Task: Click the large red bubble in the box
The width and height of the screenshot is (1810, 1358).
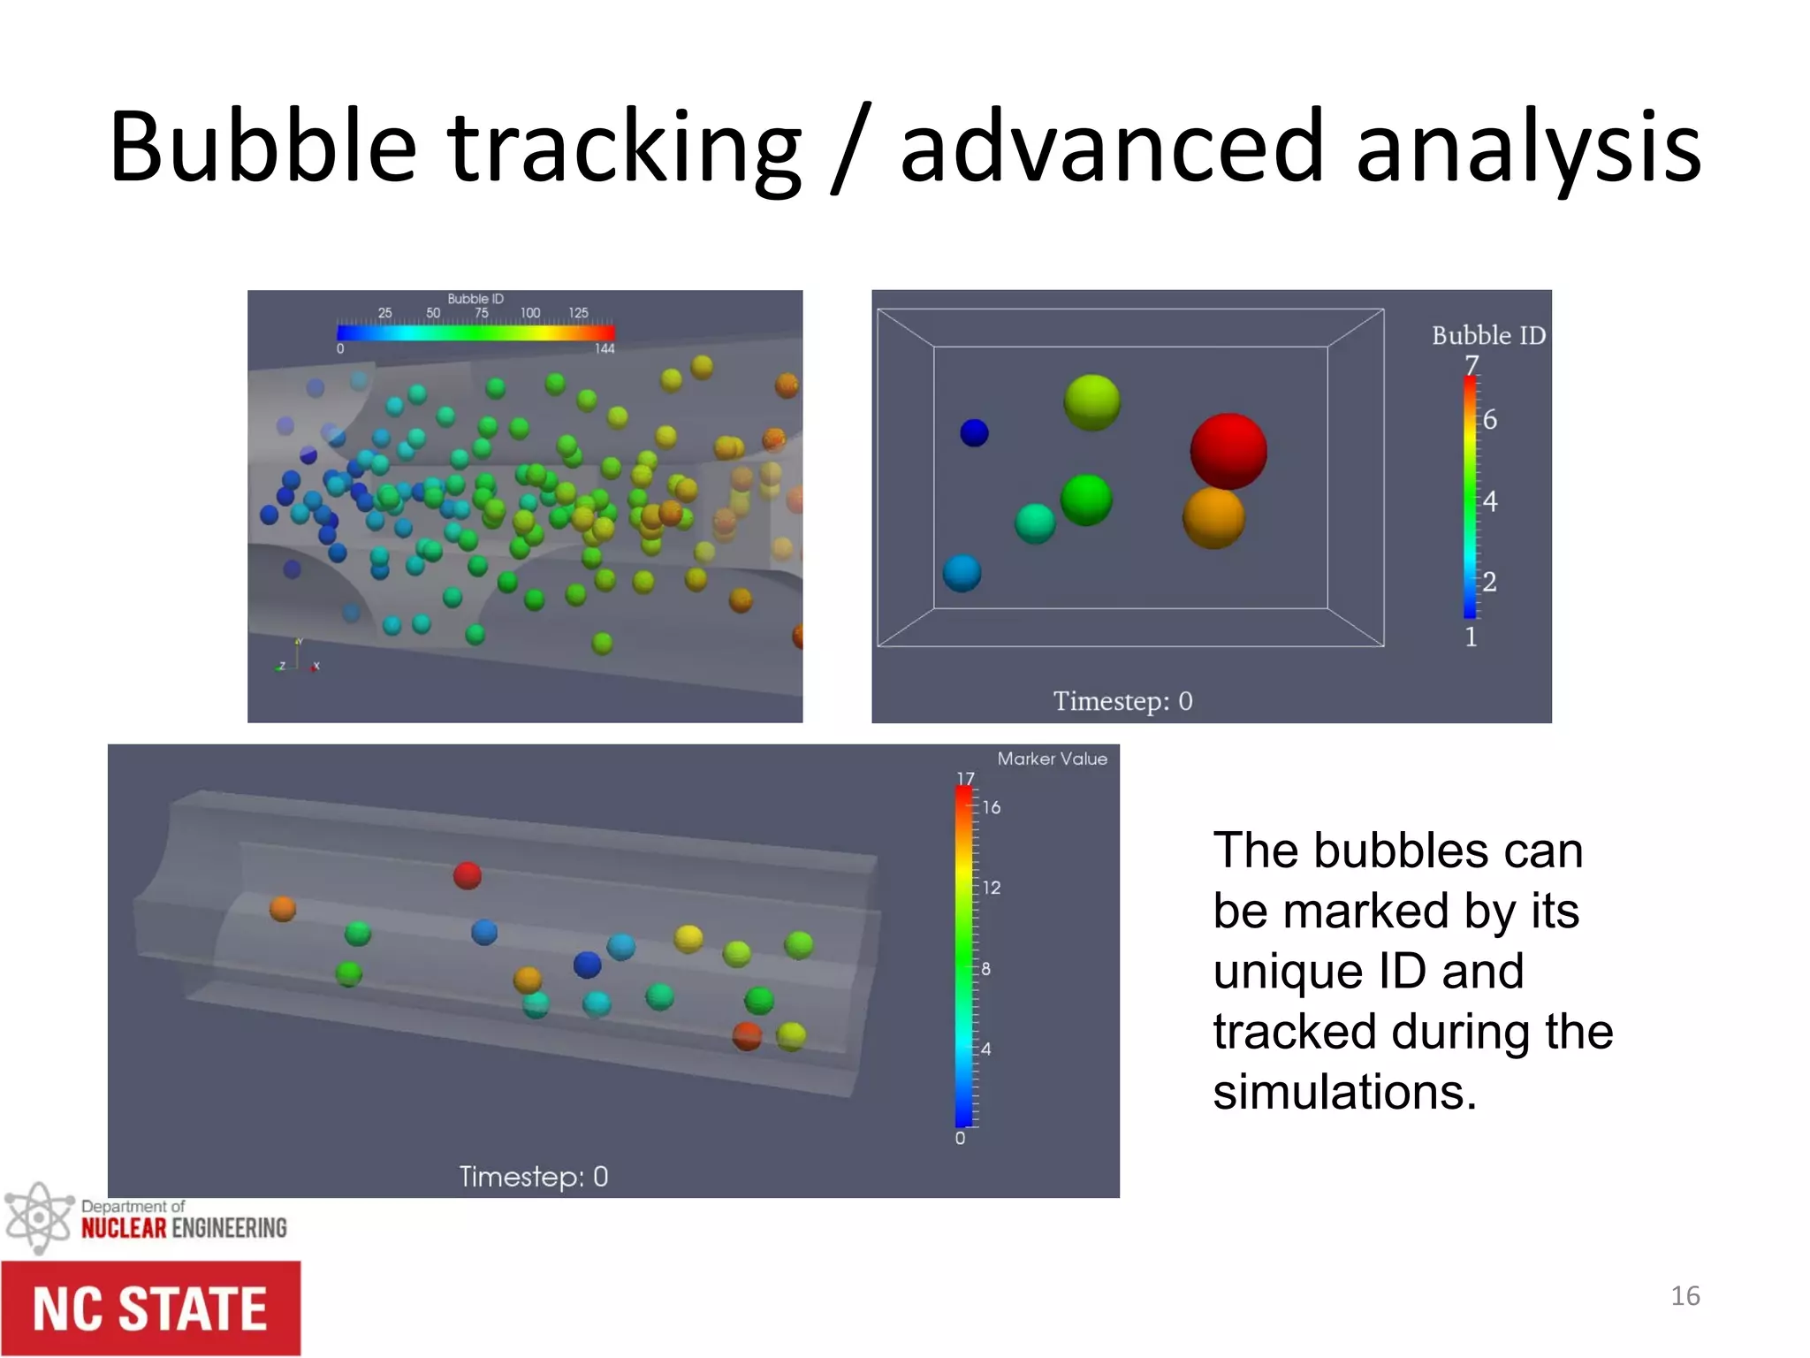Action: point(1228,450)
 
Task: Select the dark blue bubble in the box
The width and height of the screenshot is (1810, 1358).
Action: point(974,433)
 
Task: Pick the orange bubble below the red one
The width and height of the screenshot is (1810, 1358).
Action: point(1213,518)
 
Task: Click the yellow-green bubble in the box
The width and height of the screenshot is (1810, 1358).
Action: point(1091,402)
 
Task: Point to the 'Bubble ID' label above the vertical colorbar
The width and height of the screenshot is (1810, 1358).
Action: point(1488,336)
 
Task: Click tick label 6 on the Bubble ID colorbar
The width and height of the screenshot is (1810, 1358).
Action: point(1490,420)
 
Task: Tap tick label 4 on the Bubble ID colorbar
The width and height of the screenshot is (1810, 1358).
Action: point(1490,501)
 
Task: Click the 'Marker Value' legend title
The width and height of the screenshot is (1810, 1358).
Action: point(1052,759)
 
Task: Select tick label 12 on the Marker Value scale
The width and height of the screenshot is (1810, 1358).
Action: point(992,888)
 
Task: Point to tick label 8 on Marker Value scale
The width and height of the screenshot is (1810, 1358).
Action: point(986,969)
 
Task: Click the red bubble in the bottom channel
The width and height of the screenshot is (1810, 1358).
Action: point(468,875)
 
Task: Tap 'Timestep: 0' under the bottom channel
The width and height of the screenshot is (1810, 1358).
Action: point(533,1176)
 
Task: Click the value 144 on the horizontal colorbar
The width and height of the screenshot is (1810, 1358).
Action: point(605,349)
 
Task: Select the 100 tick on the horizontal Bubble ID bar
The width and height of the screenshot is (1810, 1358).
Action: point(530,313)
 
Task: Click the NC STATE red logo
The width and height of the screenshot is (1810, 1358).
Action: point(150,1308)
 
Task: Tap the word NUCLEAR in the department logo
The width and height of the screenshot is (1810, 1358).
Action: point(124,1228)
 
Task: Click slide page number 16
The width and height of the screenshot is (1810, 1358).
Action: point(1685,1296)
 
